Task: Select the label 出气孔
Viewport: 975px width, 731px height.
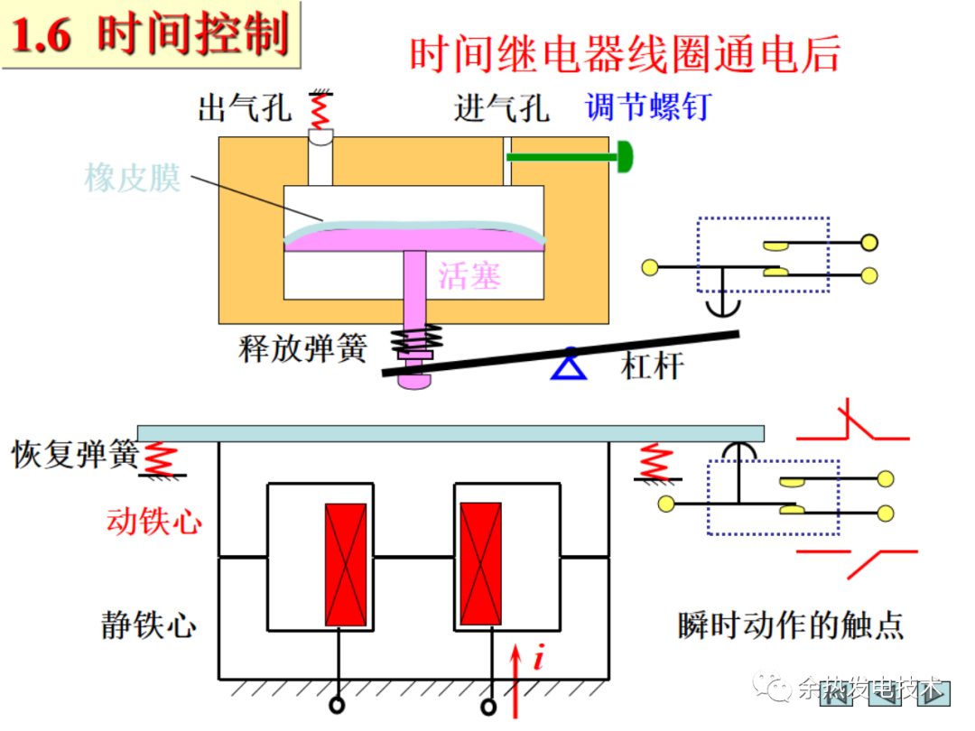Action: pos(245,109)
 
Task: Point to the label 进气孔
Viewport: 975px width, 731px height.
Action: pos(501,109)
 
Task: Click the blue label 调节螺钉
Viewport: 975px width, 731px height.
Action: pos(647,107)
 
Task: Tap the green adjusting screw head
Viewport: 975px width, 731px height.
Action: pos(624,156)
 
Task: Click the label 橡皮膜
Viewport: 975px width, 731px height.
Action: pos(133,177)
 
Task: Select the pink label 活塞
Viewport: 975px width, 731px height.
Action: pos(469,275)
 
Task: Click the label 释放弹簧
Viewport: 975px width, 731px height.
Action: pos(302,348)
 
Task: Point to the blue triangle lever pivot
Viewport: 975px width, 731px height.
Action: pos(569,365)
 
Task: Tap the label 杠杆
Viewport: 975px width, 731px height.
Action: pos(652,365)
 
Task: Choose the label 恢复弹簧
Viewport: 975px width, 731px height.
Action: pos(74,452)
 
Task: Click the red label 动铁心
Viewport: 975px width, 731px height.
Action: pos(154,521)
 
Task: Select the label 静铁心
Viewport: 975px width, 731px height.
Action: pos(148,625)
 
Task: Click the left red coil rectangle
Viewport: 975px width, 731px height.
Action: pos(346,564)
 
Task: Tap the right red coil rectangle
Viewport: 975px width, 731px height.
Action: pos(480,564)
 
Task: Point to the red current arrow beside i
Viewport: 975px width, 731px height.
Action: pos(517,681)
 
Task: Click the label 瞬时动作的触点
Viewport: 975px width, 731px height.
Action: pos(790,625)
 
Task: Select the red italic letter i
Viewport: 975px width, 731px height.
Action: pos(539,659)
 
